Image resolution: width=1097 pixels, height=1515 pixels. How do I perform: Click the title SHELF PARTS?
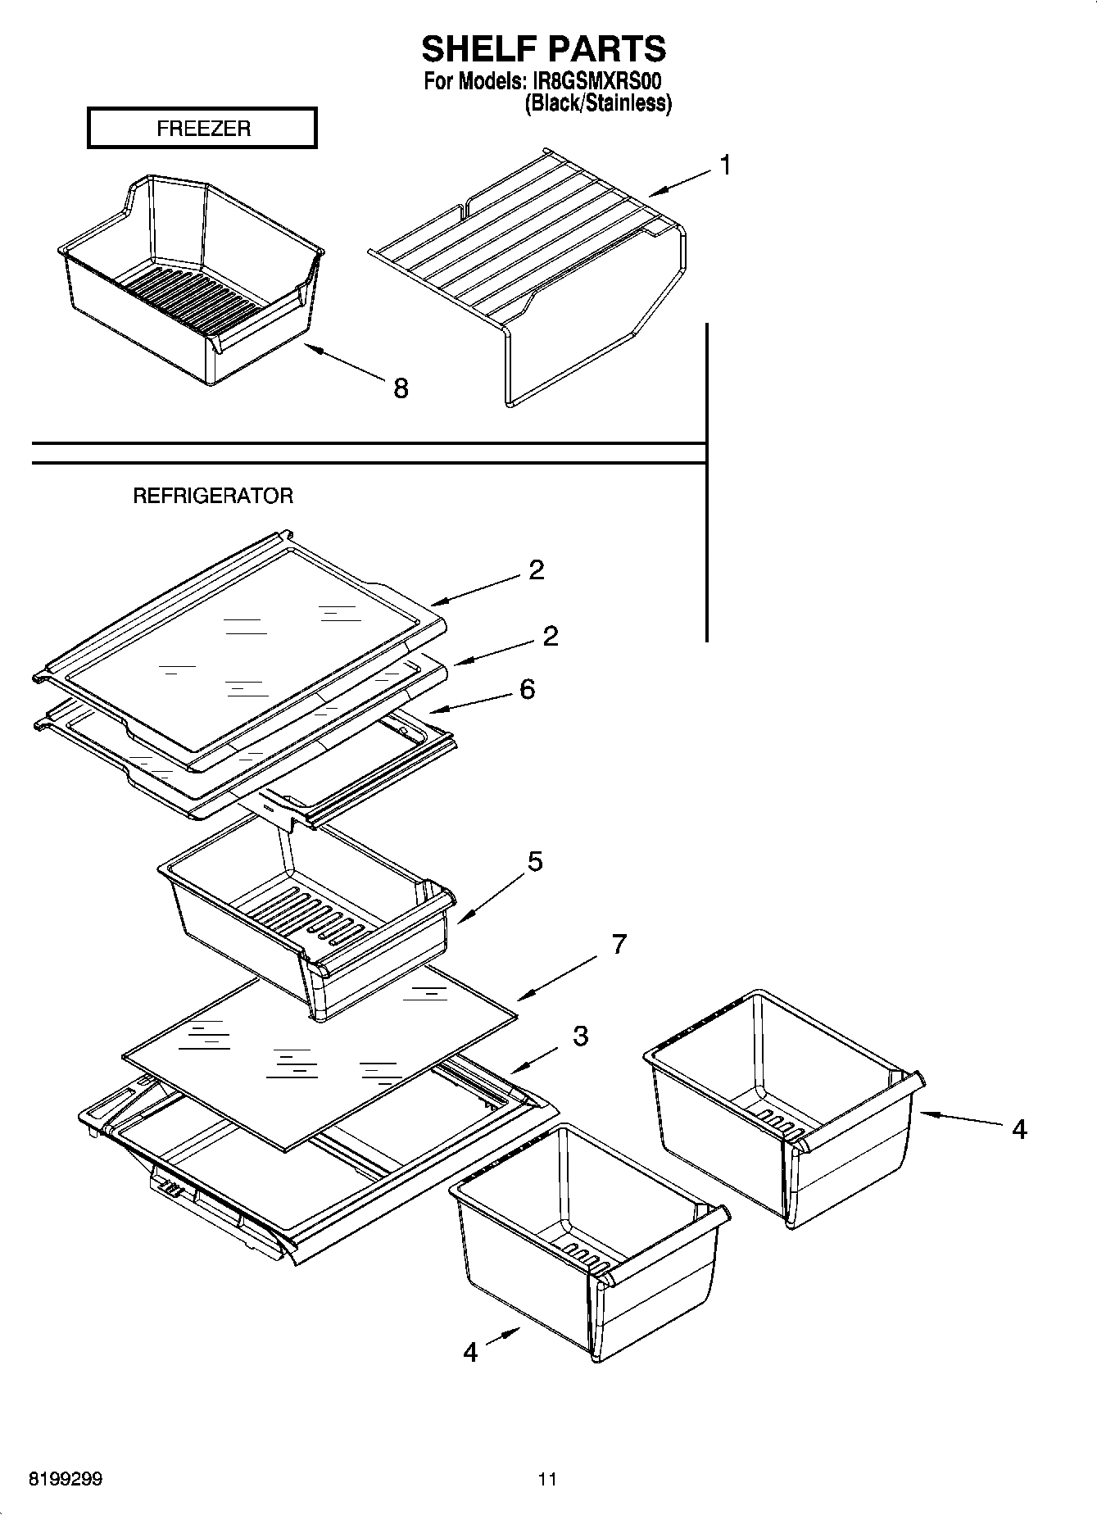tap(543, 49)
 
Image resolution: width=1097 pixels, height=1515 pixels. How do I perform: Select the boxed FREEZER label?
tap(202, 129)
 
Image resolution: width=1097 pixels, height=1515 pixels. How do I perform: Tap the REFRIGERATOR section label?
tap(213, 496)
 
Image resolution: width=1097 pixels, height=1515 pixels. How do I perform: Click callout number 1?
tap(725, 166)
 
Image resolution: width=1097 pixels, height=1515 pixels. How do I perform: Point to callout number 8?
tap(400, 388)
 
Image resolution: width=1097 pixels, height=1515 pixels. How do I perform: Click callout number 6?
tap(527, 689)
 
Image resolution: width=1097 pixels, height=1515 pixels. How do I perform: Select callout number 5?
tap(534, 862)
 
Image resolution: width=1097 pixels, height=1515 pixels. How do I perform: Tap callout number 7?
tap(619, 944)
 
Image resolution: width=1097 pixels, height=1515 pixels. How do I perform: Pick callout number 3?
tap(580, 1036)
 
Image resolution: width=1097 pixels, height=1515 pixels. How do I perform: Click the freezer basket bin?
tap(188, 279)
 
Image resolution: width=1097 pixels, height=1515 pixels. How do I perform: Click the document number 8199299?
tap(66, 1479)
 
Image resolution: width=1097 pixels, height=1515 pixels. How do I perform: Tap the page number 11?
tap(547, 1479)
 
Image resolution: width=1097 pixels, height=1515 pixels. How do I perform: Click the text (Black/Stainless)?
tap(598, 103)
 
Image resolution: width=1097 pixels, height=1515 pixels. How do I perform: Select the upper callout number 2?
tap(536, 569)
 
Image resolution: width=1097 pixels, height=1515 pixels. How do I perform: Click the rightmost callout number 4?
tap(1018, 1129)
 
